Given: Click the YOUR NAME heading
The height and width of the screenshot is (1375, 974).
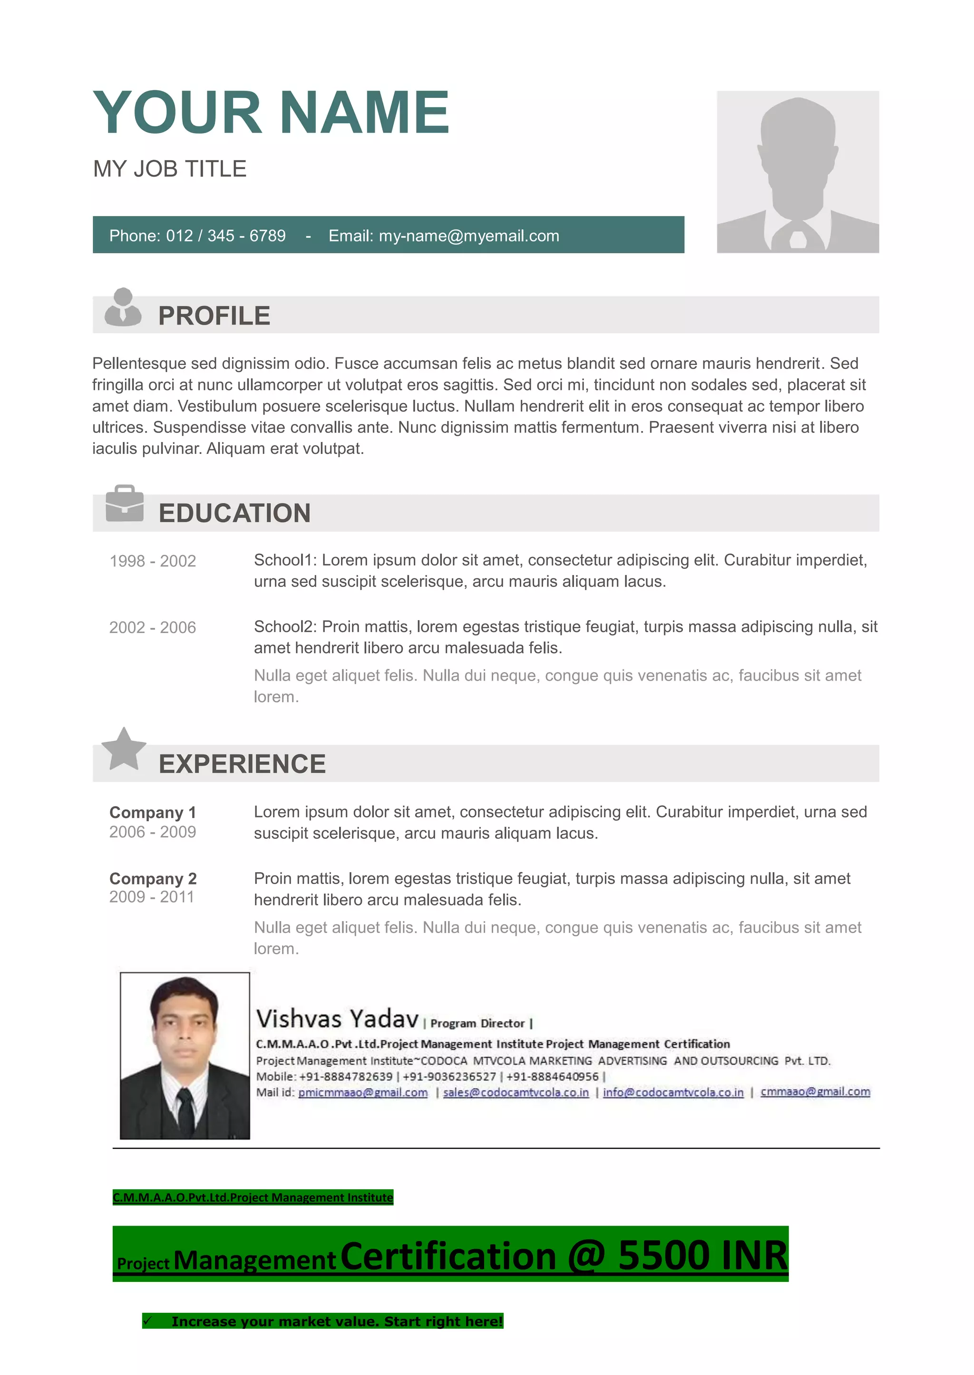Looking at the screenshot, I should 271,112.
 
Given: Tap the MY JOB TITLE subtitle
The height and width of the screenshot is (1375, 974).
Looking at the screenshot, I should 170,169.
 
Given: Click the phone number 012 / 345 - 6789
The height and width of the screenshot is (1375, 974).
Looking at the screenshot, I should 225,236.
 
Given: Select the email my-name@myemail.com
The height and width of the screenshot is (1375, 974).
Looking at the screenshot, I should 468,236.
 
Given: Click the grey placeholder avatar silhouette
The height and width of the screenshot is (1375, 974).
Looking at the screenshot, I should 797,172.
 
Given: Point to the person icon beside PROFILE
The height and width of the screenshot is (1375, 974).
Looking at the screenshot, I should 123,307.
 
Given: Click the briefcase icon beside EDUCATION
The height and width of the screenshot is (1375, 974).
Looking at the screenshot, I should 125,503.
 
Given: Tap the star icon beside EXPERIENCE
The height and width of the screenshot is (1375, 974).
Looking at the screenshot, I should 124,749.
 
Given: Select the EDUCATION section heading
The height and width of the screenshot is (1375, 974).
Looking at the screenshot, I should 234,513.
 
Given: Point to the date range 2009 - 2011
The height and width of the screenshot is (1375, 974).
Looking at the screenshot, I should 152,897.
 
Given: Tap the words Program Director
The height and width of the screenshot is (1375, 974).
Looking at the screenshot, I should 477,1023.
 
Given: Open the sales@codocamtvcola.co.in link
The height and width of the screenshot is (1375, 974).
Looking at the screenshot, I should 516,1092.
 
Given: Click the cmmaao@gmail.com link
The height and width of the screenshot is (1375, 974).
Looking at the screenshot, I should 815,1091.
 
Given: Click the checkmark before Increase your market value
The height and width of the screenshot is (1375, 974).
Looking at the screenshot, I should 148,1320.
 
